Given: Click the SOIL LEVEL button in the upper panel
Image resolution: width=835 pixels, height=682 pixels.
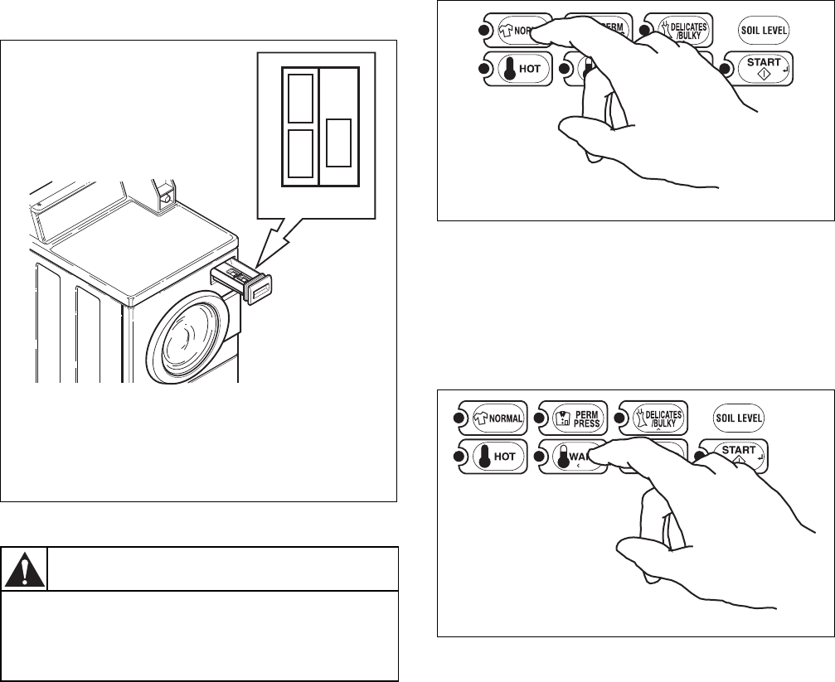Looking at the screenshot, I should [x=764, y=30].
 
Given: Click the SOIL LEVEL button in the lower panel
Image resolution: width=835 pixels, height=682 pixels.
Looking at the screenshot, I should [x=740, y=418].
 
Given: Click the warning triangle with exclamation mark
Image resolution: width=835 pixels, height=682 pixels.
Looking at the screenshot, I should [x=24, y=568].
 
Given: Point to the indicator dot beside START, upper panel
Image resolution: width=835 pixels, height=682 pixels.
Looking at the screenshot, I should [x=726, y=69].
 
